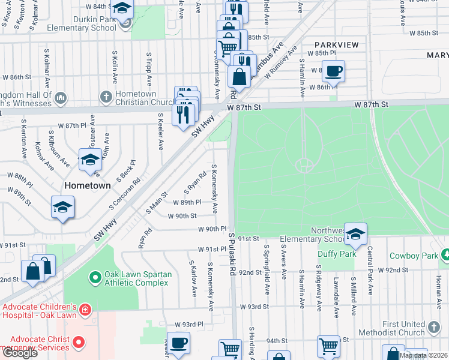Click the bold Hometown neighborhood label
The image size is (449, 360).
pyautogui.click(x=88, y=185)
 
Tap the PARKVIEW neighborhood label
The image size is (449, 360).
pyautogui.click(x=337, y=45)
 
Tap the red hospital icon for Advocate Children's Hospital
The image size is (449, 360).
pyautogui.click(x=86, y=310)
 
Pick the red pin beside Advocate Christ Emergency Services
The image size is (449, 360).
pyautogui.click(x=78, y=343)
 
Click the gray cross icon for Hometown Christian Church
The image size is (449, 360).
pyautogui.click(x=106, y=97)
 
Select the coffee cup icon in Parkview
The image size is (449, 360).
pyautogui.click(x=333, y=70)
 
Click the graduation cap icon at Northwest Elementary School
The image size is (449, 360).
pyautogui.click(x=355, y=234)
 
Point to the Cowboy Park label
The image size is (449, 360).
pyautogui.click(x=414, y=256)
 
